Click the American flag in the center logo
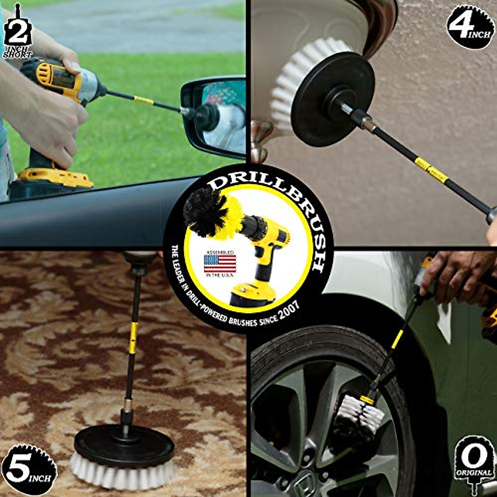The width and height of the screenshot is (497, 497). point(220,263)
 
